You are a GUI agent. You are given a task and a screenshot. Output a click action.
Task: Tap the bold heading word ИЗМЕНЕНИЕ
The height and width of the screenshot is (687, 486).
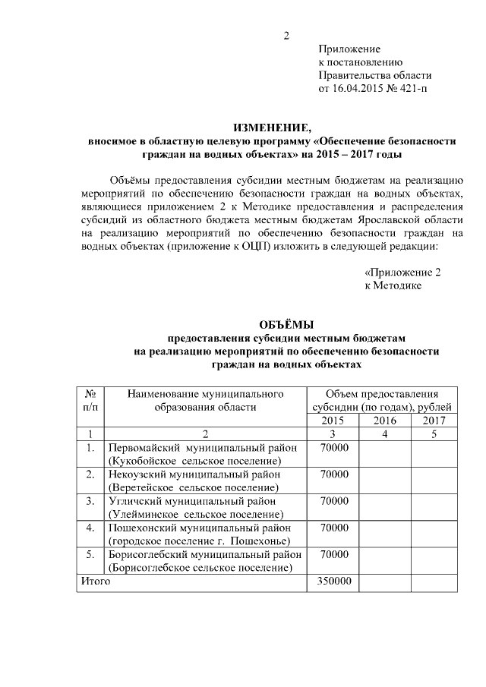click(x=272, y=127)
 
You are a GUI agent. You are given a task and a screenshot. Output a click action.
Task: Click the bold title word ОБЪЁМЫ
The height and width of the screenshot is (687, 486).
click(x=287, y=324)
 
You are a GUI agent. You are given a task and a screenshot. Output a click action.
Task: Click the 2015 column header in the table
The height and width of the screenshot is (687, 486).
click(x=333, y=420)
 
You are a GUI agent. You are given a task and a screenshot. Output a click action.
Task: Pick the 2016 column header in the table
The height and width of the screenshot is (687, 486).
click(x=385, y=420)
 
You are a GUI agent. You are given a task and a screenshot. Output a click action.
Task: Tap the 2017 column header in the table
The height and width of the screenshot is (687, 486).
click(x=434, y=420)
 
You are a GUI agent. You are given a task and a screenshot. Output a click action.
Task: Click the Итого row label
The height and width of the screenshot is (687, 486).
click(x=96, y=581)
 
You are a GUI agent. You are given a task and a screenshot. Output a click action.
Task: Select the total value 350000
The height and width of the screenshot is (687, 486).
click(x=333, y=581)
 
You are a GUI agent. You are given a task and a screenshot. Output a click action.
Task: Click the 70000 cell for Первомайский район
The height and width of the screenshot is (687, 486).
click(x=333, y=448)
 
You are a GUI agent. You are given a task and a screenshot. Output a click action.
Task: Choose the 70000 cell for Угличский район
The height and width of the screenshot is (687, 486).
click(x=333, y=502)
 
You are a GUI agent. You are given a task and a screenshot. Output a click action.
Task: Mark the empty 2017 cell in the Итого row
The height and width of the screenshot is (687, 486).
click(x=434, y=581)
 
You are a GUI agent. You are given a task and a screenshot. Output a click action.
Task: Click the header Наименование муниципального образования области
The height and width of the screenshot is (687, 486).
click(x=202, y=400)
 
